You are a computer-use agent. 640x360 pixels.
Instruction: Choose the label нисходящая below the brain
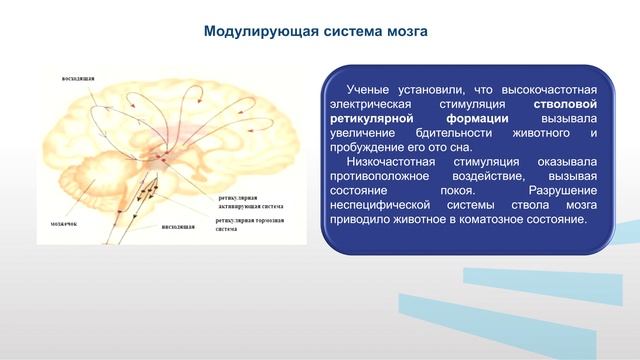tap(178, 227)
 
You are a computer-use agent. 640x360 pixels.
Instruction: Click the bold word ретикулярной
tap(375, 118)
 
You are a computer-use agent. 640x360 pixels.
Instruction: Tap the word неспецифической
tap(385, 204)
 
